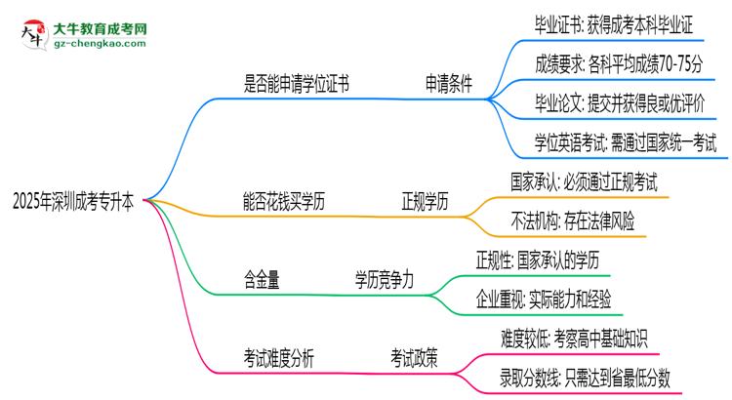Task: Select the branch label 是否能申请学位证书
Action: (x=296, y=85)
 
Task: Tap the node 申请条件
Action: (x=448, y=85)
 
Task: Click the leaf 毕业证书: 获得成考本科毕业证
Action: (x=615, y=27)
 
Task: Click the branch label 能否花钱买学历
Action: (x=283, y=202)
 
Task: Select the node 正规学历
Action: (x=426, y=202)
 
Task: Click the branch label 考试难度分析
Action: (x=278, y=358)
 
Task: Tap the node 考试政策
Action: (x=414, y=358)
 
